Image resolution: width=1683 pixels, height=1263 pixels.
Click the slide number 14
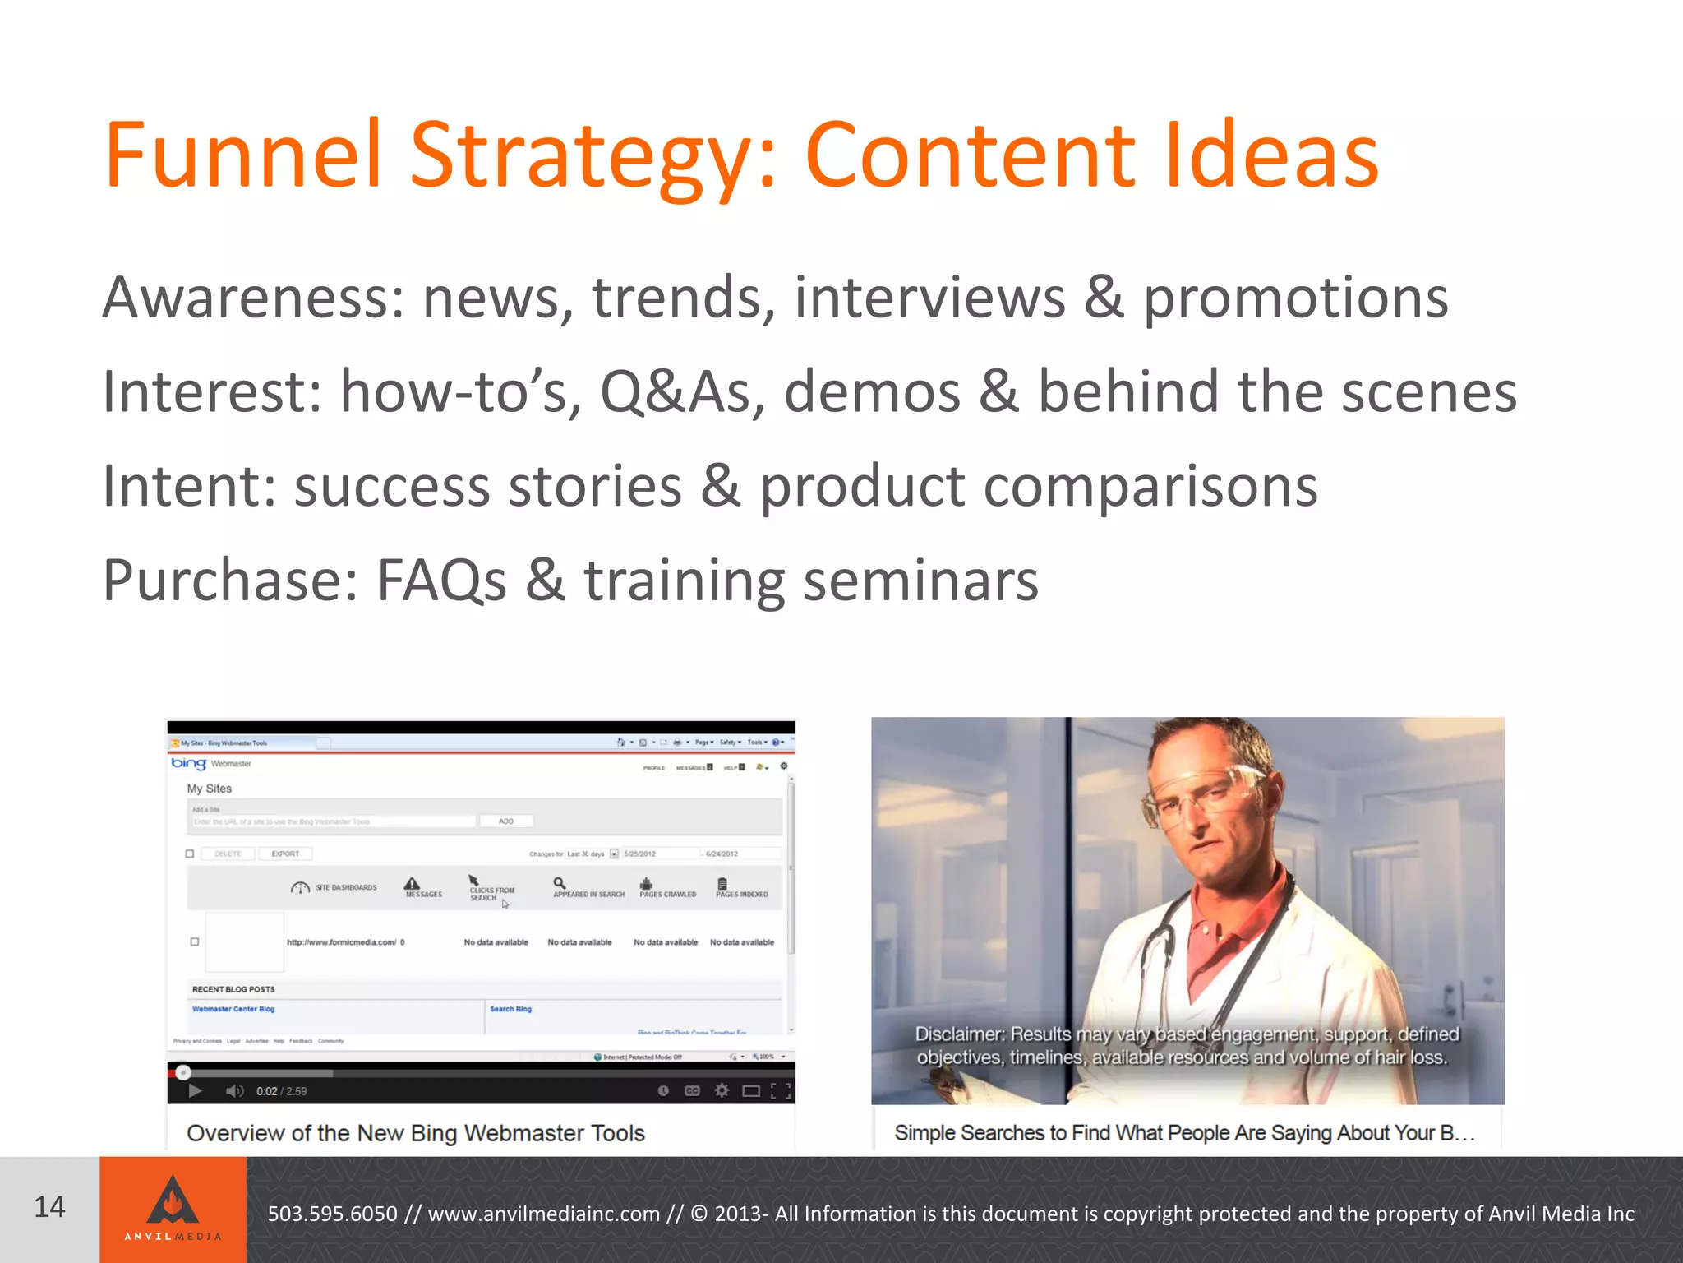click(49, 1207)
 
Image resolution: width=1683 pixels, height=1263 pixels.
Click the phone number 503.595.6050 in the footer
click(332, 1214)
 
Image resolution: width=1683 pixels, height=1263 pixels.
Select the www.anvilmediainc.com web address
click(544, 1214)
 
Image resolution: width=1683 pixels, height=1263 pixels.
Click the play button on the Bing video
click(196, 1091)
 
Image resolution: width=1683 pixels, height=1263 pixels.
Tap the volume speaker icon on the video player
click(234, 1091)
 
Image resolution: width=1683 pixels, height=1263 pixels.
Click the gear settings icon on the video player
click(722, 1090)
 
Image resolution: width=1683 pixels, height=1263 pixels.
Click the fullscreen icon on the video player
click(782, 1091)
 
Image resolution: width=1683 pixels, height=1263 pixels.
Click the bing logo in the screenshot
click(188, 763)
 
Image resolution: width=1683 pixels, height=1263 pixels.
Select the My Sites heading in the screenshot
click(210, 789)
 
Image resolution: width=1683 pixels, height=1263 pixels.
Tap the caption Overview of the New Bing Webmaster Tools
click(416, 1133)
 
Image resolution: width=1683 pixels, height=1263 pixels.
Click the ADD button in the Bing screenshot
click(506, 821)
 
